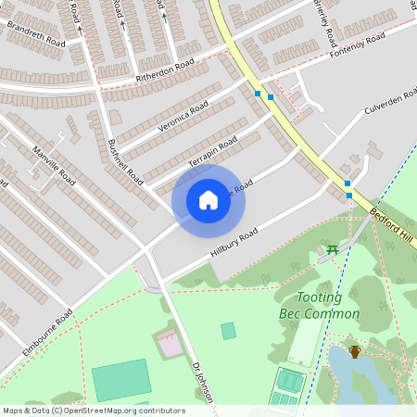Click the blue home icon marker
208,200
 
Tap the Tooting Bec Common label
319,306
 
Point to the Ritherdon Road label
165,69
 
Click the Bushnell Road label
125,160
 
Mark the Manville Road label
54,165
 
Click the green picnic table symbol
332,250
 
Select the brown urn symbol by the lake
355,350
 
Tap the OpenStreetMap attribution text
93,410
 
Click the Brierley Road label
329,14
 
